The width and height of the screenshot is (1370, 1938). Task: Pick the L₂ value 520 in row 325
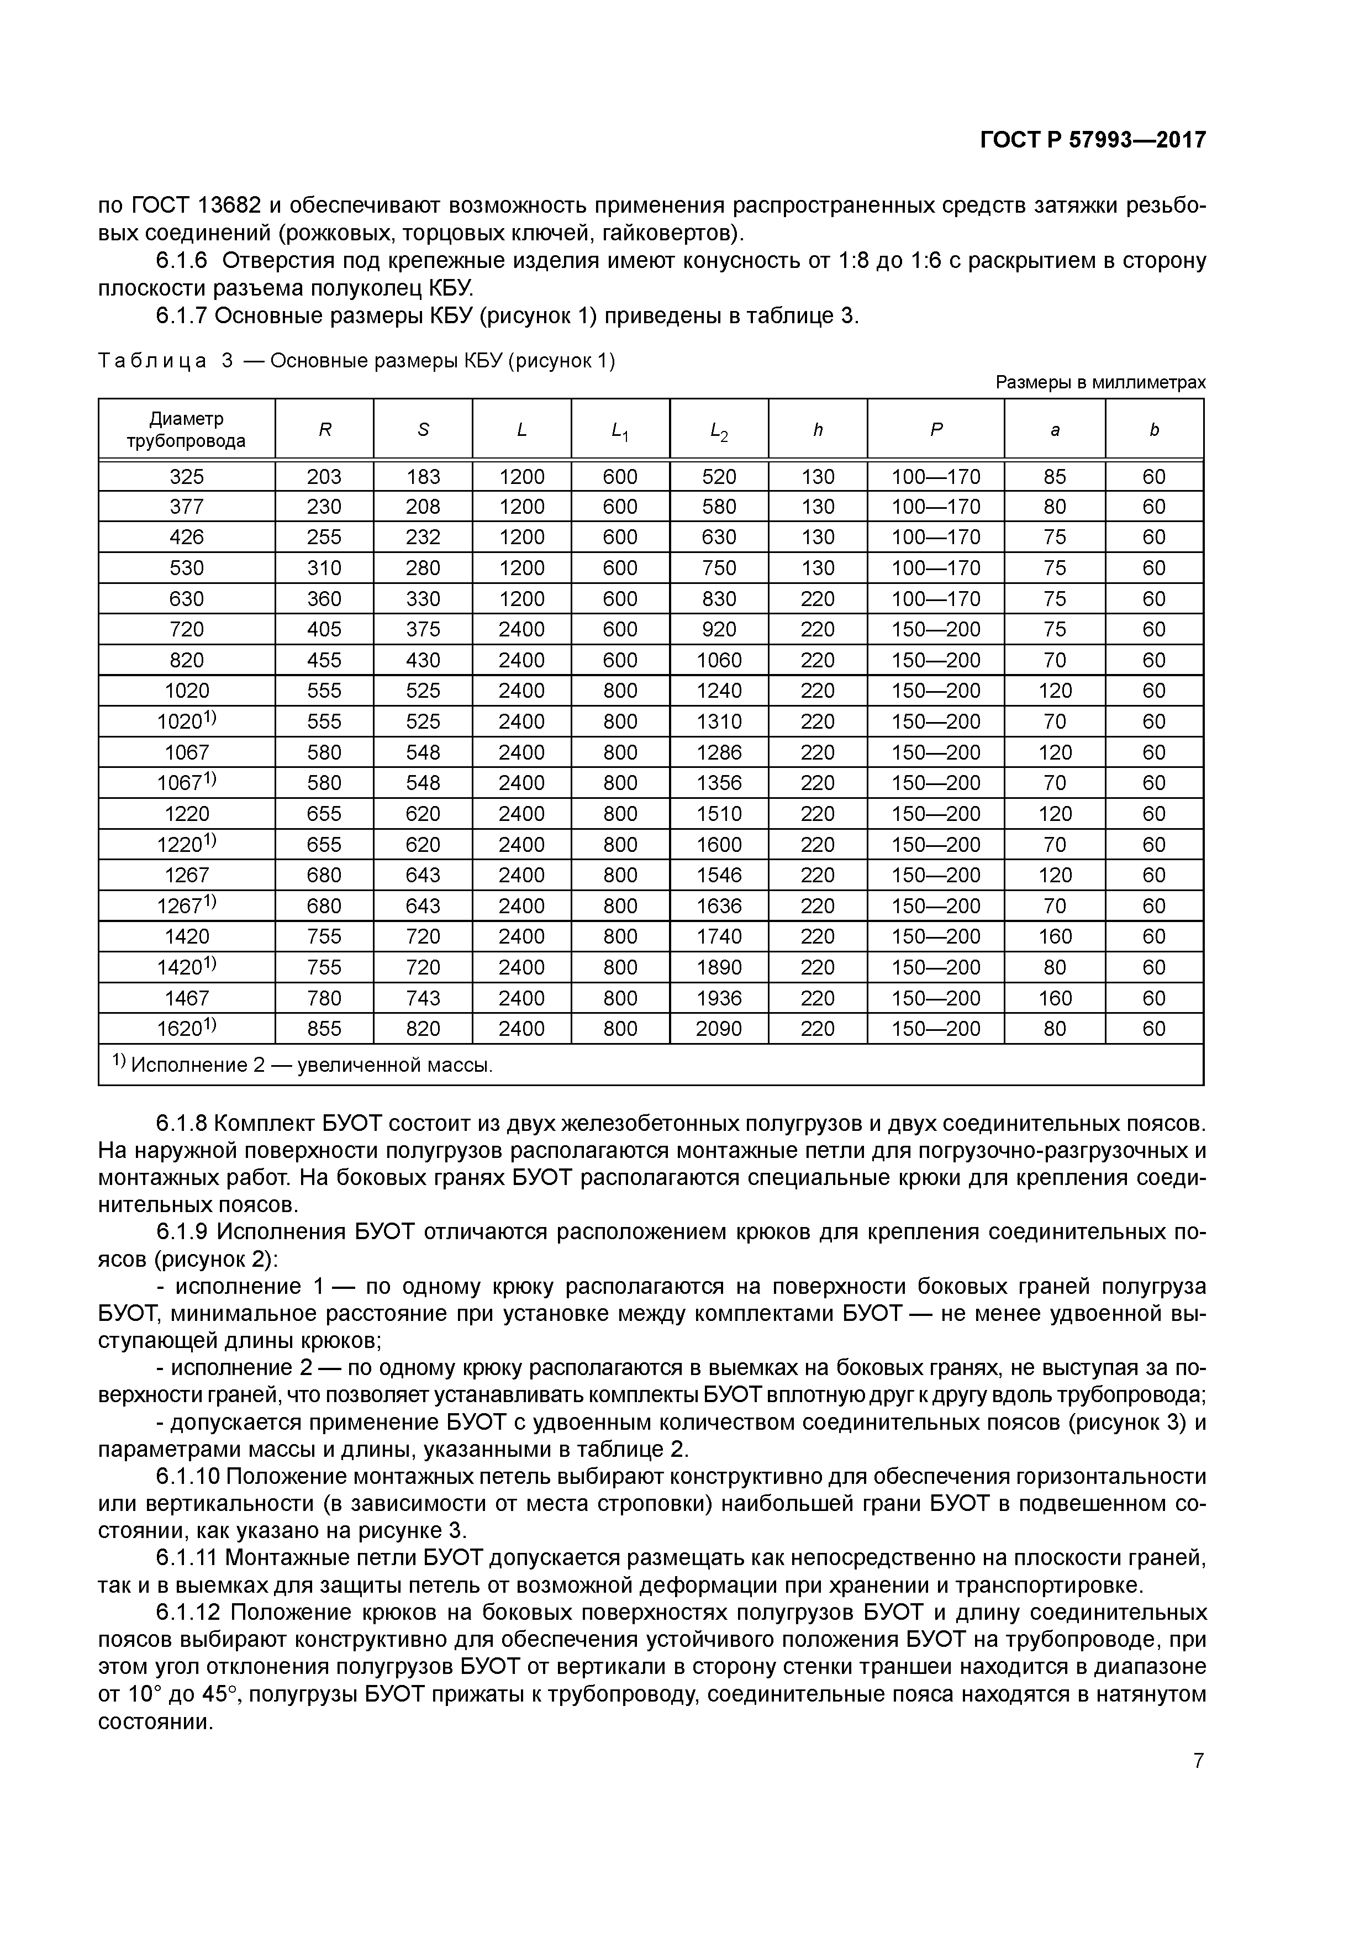pyautogui.click(x=718, y=477)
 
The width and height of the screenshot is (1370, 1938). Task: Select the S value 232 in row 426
pyautogui.click(x=423, y=538)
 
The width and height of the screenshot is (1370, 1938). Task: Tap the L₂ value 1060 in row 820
pyautogui.click(x=718, y=660)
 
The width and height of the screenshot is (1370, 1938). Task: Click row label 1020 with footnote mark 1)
pyautogui.click(x=187, y=721)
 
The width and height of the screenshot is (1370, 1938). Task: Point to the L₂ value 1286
pyautogui.click(x=718, y=752)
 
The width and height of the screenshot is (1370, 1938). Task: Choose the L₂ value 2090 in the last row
pyautogui.click(x=718, y=1029)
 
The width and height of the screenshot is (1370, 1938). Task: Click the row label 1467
pyautogui.click(x=187, y=998)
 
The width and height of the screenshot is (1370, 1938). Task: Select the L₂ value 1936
pyautogui.click(x=718, y=998)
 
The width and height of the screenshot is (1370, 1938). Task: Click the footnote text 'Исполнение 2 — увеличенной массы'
pyautogui.click(x=310, y=1065)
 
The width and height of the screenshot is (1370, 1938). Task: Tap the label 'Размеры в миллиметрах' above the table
pyautogui.click(x=1100, y=382)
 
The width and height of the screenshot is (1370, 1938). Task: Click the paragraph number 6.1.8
pyautogui.click(x=182, y=1124)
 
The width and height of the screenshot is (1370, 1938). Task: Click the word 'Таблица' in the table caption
pyautogui.click(x=152, y=361)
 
